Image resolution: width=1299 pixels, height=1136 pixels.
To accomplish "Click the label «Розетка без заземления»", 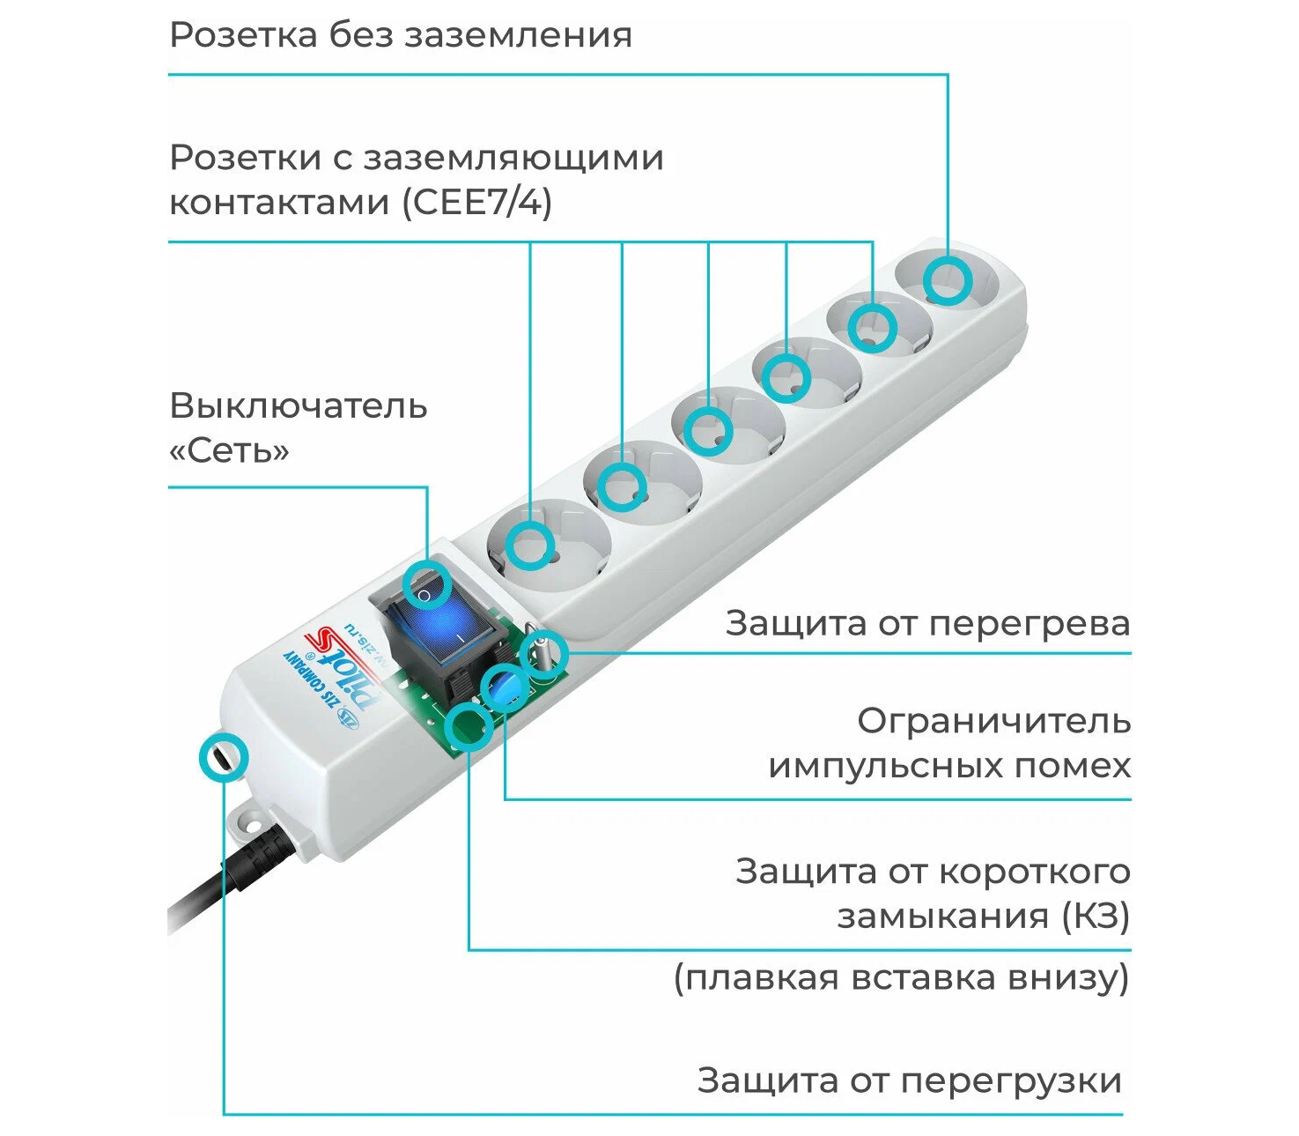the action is (401, 36).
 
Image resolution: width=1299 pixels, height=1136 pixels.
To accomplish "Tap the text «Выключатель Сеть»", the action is (298, 428).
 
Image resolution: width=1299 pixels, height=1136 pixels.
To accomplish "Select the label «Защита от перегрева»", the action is (927, 624).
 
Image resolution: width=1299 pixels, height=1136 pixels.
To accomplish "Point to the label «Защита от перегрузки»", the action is (910, 1080).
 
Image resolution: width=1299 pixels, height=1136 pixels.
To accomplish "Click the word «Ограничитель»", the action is (993, 722).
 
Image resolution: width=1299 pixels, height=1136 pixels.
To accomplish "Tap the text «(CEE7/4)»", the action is (477, 204).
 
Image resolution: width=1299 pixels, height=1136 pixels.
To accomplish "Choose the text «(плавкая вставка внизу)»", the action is (901, 978).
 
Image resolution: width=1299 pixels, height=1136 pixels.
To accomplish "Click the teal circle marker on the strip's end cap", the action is (223, 757).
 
